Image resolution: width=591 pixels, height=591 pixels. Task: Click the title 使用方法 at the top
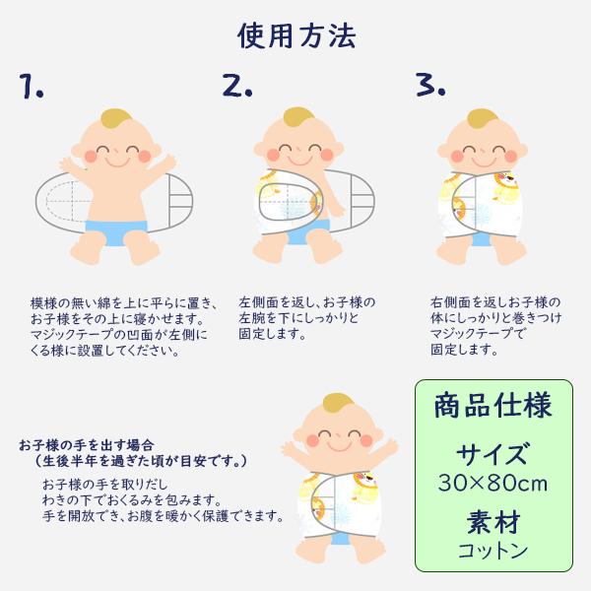tap(296, 36)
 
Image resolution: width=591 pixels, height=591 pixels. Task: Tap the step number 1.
tap(32, 87)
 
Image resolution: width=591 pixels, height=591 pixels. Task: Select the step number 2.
tap(236, 85)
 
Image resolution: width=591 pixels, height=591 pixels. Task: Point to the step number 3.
tap(430, 85)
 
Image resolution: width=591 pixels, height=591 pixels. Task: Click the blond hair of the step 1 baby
tap(116, 118)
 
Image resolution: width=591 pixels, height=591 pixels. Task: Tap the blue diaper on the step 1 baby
tap(116, 231)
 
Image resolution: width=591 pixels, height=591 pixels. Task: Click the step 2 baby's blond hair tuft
tap(298, 116)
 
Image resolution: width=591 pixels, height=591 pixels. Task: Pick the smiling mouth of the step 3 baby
tap(484, 163)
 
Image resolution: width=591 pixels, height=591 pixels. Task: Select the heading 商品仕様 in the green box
tap(493, 406)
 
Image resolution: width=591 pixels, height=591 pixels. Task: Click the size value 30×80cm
tap(493, 483)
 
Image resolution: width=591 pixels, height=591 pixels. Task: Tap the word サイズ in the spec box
tap(492, 454)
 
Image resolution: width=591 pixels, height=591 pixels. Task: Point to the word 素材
tap(493, 522)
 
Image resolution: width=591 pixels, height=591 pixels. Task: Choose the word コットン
tap(493, 551)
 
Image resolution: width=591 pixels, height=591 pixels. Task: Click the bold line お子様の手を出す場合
tap(87, 445)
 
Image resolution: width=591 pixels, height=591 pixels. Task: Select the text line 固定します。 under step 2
tap(272, 334)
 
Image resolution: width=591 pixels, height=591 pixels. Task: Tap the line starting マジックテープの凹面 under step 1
tap(119, 335)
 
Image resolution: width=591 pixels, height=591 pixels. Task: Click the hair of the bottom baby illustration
tap(337, 403)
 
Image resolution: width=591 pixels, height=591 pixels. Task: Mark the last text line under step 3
tap(464, 350)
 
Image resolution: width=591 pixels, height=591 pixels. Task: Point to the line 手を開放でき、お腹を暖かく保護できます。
tap(163, 515)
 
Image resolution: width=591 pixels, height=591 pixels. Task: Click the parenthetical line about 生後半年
tap(141, 461)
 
